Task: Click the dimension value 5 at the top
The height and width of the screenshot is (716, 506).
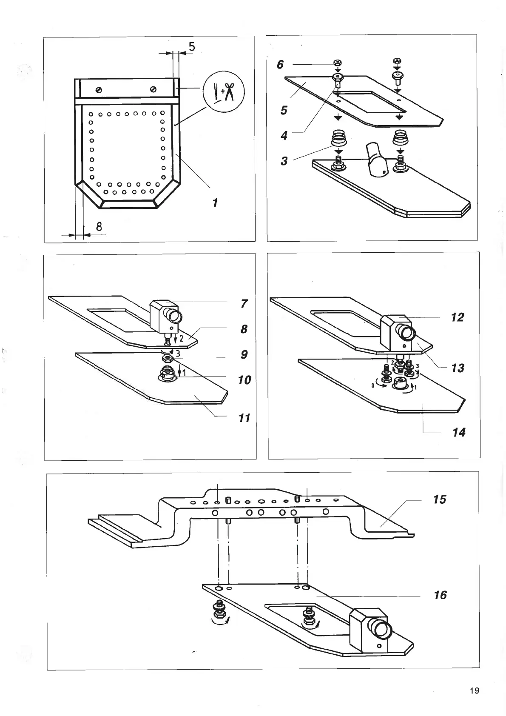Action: pyautogui.click(x=192, y=46)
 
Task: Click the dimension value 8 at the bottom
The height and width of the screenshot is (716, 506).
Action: pyautogui.click(x=99, y=226)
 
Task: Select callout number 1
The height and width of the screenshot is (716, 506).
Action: pyautogui.click(x=215, y=203)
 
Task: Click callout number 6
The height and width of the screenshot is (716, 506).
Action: pyautogui.click(x=280, y=65)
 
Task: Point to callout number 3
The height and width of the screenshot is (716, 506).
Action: pyautogui.click(x=284, y=161)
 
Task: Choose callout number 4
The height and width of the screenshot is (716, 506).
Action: pyautogui.click(x=284, y=136)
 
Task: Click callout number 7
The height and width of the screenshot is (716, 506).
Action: pyautogui.click(x=244, y=304)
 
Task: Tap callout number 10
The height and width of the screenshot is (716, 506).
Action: pyautogui.click(x=244, y=379)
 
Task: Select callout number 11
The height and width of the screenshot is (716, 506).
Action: pyautogui.click(x=244, y=418)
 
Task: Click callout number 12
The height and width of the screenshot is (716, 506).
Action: pyautogui.click(x=458, y=317)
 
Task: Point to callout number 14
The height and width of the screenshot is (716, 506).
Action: pyautogui.click(x=459, y=432)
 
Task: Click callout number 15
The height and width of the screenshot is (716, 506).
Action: pyautogui.click(x=440, y=499)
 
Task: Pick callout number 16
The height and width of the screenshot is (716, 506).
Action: pyautogui.click(x=441, y=595)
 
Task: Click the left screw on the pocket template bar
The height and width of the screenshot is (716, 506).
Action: pyautogui.click(x=99, y=90)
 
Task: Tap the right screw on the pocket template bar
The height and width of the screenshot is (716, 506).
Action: pyautogui.click(x=154, y=89)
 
